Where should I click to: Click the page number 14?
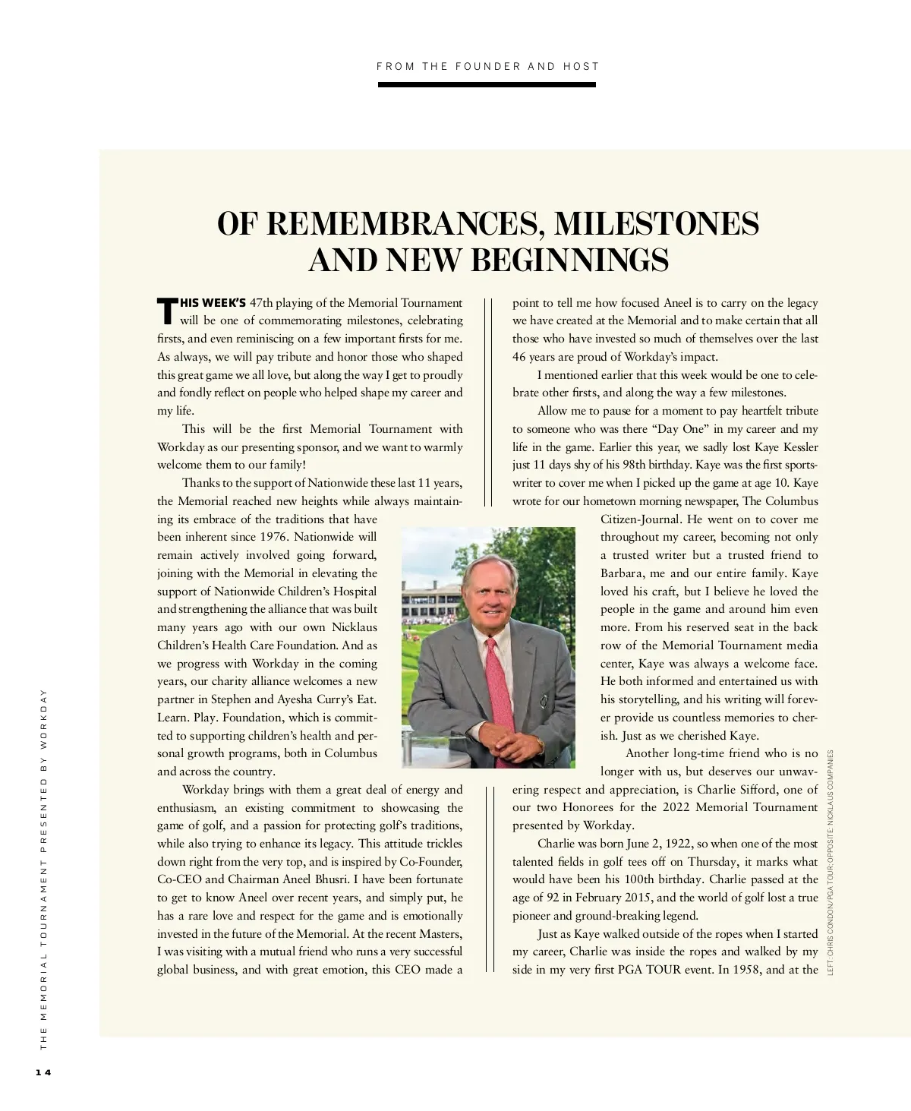click(42, 1072)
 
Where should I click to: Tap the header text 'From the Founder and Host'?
click(487, 66)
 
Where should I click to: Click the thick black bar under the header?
click(487, 84)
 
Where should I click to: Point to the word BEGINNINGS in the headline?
click(570, 260)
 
